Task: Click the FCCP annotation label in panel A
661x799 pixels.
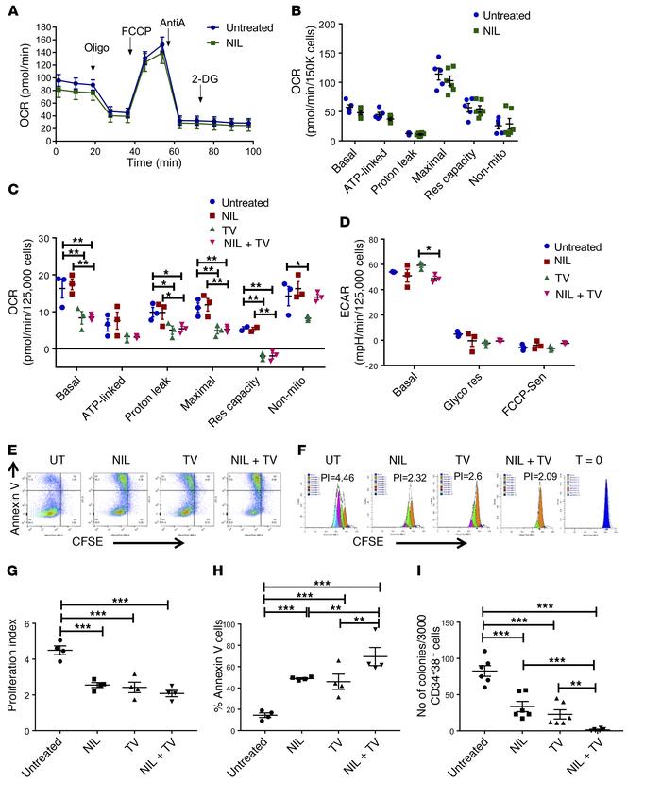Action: [x=134, y=29]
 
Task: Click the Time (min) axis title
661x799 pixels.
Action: [x=154, y=162]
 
